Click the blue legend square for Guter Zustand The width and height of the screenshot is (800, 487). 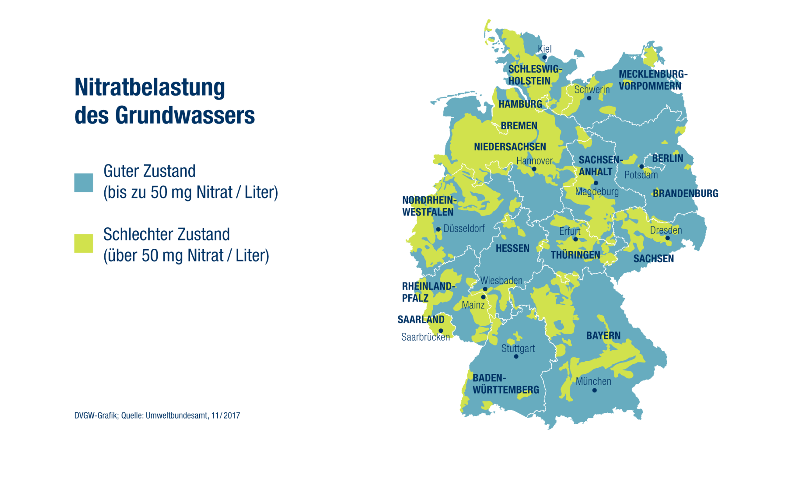click(x=84, y=182)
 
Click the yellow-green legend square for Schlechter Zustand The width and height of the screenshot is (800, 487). click(x=84, y=243)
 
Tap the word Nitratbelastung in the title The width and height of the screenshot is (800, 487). click(x=150, y=87)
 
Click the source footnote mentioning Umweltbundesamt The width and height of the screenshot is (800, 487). click(x=157, y=416)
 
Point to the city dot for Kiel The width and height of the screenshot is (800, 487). click(x=545, y=57)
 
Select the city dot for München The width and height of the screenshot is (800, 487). click(x=595, y=390)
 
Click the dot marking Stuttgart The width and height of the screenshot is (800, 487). click(x=516, y=357)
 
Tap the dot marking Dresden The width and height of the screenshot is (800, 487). click(x=668, y=238)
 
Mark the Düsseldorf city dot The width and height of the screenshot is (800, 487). click(x=438, y=229)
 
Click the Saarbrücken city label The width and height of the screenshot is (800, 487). click(x=425, y=337)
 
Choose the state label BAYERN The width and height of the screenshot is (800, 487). click(x=603, y=335)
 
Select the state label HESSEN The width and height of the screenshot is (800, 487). click(x=512, y=248)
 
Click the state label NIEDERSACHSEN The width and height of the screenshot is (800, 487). click(x=510, y=147)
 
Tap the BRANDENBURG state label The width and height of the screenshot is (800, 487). click(x=685, y=193)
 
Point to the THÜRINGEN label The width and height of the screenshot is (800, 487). click(x=575, y=255)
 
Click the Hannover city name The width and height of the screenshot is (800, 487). click(x=534, y=161)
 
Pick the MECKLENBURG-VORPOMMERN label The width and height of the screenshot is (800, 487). click(x=652, y=80)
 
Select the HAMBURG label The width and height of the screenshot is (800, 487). click(x=520, y=104)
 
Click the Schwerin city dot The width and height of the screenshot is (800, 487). click(x=589, y=98)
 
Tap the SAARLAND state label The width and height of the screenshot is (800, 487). click(x=421, y=319)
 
